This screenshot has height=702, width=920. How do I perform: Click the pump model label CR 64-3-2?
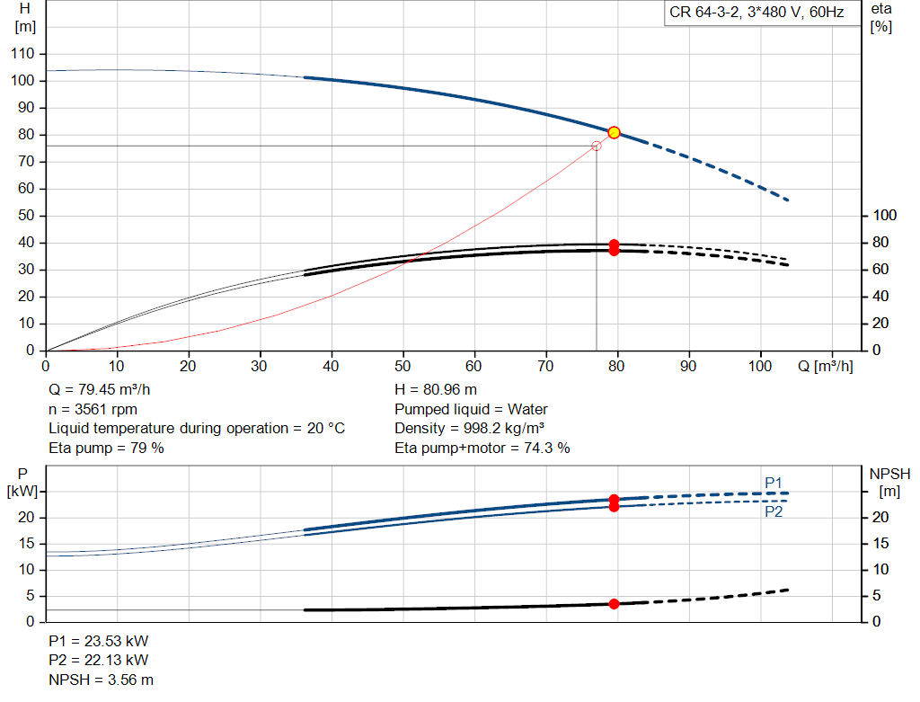pos(704,13)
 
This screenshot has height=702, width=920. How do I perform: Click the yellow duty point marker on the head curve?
pos(614,133)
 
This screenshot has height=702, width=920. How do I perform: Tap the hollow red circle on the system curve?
pos(597,146)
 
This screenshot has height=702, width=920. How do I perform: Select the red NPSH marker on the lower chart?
pos(614,604)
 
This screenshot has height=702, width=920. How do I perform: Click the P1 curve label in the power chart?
pos(774,483)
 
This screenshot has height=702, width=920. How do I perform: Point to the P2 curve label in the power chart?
pos(774,511)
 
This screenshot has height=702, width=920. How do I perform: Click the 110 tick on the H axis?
pos(22,53)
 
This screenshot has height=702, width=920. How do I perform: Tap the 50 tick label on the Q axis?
pos(402,366)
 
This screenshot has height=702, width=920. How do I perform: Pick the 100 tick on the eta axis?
pos(884,216)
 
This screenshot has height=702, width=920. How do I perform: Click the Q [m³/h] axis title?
pos(825,366)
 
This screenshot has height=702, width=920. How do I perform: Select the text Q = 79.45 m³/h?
pos(99,390)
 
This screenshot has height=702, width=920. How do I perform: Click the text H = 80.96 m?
pos(436,390)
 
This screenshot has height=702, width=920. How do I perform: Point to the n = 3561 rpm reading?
pos(93,409)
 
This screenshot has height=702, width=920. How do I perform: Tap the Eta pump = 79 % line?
pos(106,448)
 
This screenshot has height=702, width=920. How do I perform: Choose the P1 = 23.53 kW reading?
pos(99,641)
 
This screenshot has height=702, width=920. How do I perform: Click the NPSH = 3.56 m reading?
pos(101,680)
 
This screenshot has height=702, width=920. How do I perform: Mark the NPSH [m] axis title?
pos(889,483)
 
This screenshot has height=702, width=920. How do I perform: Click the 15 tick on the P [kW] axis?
pos(26,544)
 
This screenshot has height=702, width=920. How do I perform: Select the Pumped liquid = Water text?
pos(471,409)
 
